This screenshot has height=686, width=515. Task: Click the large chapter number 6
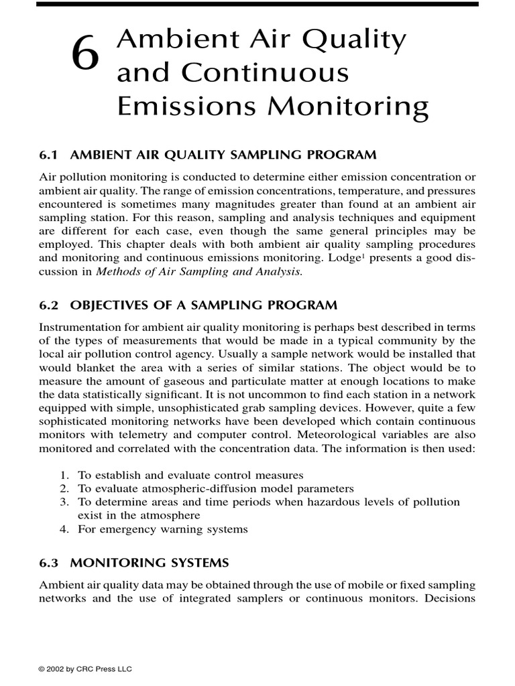pyautogui.click(x=87, y=55)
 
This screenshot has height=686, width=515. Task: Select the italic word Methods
pyautogui.click(x=118, y=271)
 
